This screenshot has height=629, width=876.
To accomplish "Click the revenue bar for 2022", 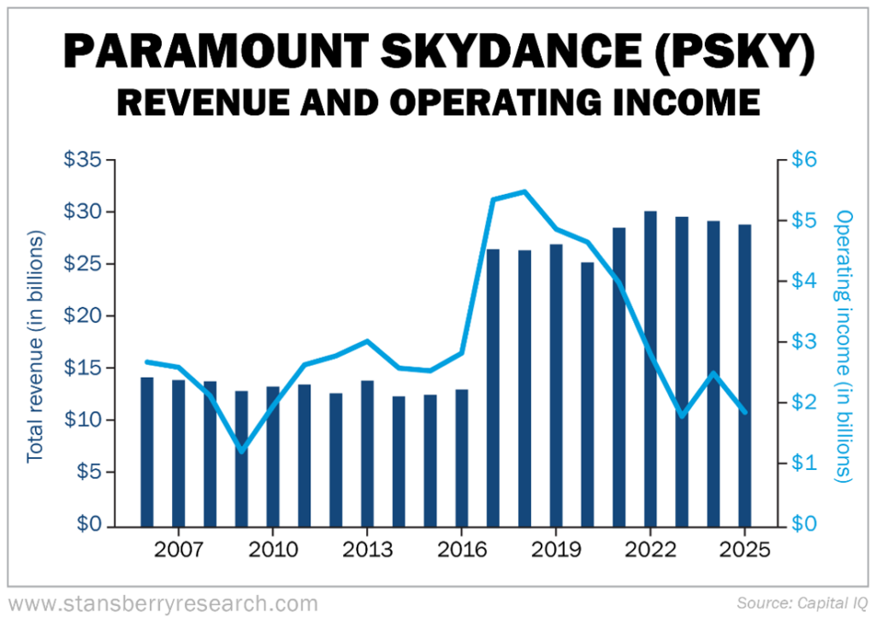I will click(x=651, y=368).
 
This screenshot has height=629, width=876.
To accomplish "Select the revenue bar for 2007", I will click(x=178, y=453).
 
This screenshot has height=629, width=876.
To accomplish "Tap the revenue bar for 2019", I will click(x=556, y=385).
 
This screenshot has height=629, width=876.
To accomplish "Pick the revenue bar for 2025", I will click(x=745, y=375).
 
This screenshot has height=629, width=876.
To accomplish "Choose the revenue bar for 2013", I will click(x=367, y=453).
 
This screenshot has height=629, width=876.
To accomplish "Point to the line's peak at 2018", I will click(x=524, y=191).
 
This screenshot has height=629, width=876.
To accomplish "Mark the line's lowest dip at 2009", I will click(x=241, y=450).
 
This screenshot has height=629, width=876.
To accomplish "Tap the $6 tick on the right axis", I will click(x=805, y=160).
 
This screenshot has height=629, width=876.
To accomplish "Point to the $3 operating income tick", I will click(x=805, y=342).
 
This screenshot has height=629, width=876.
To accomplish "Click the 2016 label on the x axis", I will click(x=462, y=549).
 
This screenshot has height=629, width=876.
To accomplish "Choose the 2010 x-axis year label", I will click(x=273, y=549).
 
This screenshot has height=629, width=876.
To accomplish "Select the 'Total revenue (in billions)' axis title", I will click(x=35, y=342).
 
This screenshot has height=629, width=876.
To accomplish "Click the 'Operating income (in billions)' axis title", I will click(x=844, y=346).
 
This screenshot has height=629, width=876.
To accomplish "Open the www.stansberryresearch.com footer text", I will click(x=163, y=604).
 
